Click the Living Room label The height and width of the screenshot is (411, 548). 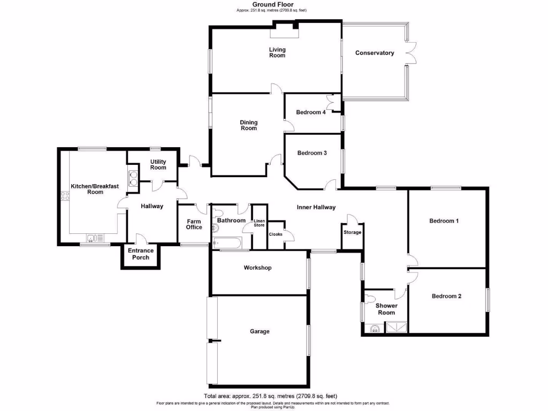[277, 52]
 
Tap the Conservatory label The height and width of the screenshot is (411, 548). [375, 53]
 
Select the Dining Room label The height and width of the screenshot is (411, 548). [248, 125]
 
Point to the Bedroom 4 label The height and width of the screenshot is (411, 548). [311, 112]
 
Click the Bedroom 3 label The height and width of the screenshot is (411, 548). [312, 153]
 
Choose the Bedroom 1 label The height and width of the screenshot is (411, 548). [444, 220]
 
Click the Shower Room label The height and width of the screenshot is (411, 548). [386, 309]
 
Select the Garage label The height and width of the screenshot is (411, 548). [260, 331]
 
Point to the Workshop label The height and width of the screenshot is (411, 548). [257, 268]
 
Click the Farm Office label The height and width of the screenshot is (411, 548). [194, 224]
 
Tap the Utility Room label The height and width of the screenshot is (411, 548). [158, 164]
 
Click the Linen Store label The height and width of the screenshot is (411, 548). [259, 223]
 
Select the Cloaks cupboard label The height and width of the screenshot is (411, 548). [276, 234]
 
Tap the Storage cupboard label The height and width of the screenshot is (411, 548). [353, 232]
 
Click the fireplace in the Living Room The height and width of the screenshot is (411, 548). [284, 32]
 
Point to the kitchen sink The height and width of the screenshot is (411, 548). [92, 238]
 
